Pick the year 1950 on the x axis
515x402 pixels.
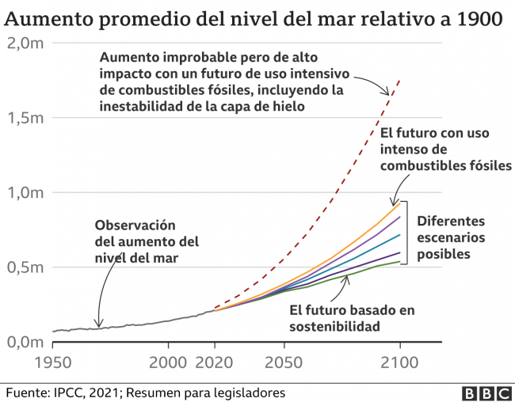coord(52,363)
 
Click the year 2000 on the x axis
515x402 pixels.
coord(168,363)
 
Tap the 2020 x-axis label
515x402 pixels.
coord(215,363)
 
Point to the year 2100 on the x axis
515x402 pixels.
coord(399,363)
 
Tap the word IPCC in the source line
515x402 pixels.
coord(74,393)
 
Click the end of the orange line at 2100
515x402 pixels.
coord(399,203)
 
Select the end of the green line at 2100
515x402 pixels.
coord(399,261)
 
